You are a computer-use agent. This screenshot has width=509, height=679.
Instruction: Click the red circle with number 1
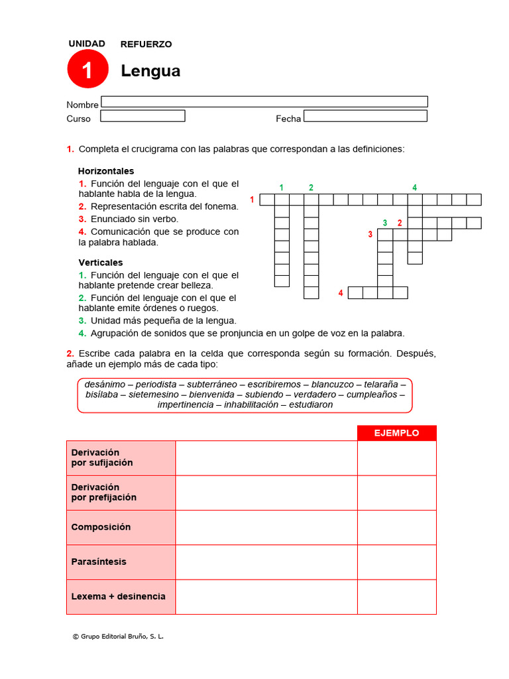click(x=87, y=69)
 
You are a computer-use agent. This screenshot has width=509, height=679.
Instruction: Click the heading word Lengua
click(x=150, y=71)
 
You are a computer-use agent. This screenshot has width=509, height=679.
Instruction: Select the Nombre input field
click(x=264, y=101)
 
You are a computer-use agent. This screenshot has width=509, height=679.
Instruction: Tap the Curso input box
click(x=142, y=116)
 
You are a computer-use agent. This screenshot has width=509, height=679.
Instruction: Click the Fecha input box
click(x=365, y=116)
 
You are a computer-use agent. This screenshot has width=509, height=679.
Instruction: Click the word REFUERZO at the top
click(x=146, y=44)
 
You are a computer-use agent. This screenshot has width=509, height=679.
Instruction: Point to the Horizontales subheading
click(x=106, y=171)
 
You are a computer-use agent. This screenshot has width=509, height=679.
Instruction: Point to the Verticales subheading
click(x=101, y=263)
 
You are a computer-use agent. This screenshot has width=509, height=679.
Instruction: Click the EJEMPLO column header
click(x=396, y=433)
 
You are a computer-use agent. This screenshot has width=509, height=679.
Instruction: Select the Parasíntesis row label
click(x=99, y=562)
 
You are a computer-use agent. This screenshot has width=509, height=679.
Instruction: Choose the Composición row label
click(x=101, y=527)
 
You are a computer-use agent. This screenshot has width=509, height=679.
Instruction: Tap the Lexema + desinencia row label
click(x=118, y=596)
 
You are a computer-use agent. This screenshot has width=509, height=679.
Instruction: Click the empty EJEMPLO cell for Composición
click(x=396, y=527)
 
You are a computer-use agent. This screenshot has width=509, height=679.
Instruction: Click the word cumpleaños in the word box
click(x=372, y=395)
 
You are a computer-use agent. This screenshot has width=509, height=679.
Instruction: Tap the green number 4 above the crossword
click(x=415, y=188)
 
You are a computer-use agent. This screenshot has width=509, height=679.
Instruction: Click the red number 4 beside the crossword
click(x=341, y=292)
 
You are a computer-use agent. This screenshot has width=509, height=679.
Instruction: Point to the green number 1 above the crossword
click(x=282, y=188)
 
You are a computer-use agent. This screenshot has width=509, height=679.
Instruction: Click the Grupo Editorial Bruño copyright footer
click(x=118, y=637)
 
